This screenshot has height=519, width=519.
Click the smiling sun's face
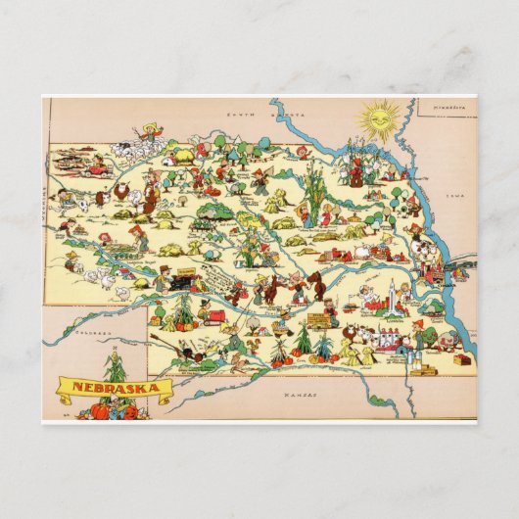click(x=378, y=120)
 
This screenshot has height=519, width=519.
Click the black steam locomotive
click(x=181, y=282)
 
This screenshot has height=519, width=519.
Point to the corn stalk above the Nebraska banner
click(x=116, y=363)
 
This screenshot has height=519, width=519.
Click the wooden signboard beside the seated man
click(x=317, y=320)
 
